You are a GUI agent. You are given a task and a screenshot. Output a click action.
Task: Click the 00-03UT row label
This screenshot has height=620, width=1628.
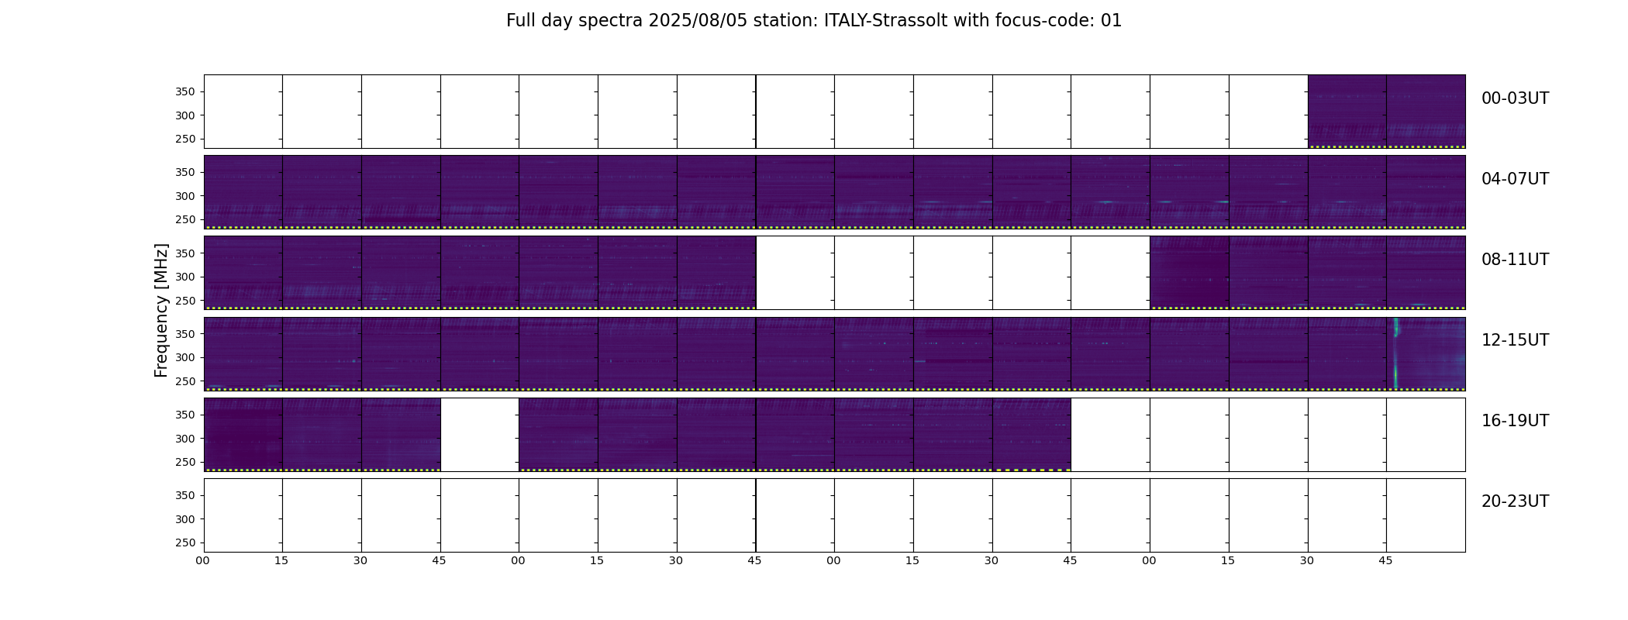(1515, 98)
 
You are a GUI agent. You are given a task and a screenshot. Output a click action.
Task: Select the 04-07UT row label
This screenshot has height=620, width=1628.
(1515, 179)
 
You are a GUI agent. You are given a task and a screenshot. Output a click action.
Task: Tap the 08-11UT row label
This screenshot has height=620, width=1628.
(1515, 260)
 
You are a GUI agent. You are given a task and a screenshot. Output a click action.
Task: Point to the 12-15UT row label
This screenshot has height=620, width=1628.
(1515, 340)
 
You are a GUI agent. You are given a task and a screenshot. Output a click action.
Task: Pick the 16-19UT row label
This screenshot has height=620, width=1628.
(1515, 421)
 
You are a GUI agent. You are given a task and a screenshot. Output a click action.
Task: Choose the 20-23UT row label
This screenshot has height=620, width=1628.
(1515, 501)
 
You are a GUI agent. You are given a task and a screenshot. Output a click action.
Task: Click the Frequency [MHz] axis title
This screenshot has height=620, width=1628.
(161, 310)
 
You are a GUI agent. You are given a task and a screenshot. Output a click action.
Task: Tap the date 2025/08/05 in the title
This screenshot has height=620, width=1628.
(698, 21)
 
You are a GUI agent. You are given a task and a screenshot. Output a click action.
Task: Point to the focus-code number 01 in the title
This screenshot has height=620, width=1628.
(1111, 21)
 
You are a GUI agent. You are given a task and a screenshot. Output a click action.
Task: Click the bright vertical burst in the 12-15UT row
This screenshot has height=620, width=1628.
(1396, 353)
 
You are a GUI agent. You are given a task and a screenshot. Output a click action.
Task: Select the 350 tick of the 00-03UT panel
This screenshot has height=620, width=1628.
(186, 92)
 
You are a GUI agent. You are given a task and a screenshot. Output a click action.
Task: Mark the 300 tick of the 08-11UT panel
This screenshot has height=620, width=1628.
(186, 277)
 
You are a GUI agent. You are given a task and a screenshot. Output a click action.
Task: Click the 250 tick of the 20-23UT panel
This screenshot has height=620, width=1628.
(186, 542)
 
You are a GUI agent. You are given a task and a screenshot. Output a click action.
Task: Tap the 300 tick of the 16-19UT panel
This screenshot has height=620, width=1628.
(186, 439)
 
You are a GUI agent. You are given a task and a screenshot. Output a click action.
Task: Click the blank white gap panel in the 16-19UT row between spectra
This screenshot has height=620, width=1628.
(480, 435)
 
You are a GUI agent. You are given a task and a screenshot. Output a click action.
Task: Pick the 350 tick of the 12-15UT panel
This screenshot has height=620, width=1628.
(186, 334)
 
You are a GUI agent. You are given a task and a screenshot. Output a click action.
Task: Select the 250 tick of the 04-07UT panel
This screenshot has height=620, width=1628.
(186, 220)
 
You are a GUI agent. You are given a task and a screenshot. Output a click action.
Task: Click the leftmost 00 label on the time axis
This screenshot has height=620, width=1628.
(202, 560)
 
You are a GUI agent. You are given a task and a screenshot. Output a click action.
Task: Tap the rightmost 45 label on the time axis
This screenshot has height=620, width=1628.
(1385, 560)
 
